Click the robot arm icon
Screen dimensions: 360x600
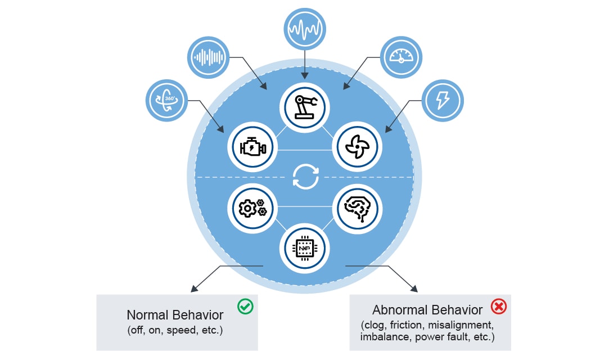[304, 105]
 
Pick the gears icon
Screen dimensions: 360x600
[252, 208]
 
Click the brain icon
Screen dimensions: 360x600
[357, 208]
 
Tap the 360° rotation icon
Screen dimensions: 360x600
[166, 100]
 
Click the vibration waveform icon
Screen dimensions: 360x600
[305, 29]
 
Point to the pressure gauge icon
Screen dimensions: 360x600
[401, 57]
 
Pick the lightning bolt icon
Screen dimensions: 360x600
[443, 100]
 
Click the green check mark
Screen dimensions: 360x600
[245, 307]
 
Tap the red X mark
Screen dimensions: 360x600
[498, 307]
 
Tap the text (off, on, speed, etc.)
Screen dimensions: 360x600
[175, 330]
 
